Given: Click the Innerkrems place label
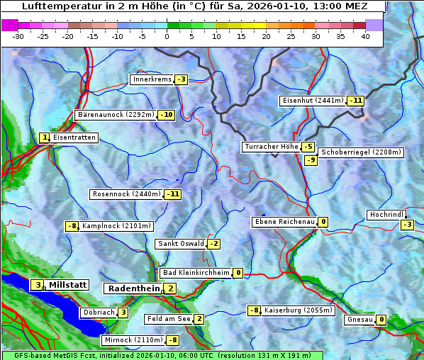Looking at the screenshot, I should coord(152,79).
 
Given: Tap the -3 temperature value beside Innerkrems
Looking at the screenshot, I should coord(182,79).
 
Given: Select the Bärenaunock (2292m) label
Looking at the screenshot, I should coord(116,114).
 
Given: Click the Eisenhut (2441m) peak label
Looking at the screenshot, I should coord(313,100).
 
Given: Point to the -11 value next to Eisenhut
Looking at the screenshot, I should coord(355,100).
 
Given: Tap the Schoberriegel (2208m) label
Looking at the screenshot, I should coord(361,152).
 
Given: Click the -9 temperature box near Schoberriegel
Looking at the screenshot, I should coord(311,159).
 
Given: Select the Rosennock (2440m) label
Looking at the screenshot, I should coord(126,193).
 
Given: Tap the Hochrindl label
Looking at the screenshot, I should coord(386,215).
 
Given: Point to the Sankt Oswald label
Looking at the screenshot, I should coord(181,244).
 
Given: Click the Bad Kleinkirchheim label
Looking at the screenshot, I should coord(196,273).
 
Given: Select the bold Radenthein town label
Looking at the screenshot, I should coord(133,288).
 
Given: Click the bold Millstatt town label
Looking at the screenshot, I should coord(68,285).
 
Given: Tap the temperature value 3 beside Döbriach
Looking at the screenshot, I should coord(123,312).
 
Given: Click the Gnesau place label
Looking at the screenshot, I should coord(359,320).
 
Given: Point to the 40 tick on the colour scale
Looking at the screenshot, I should coord(365,36).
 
